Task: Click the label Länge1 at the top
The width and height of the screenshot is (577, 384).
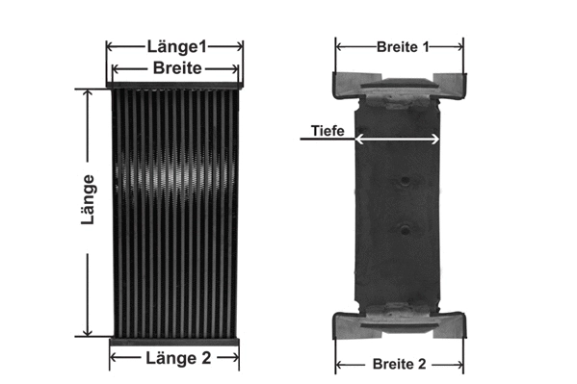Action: pos(175,45)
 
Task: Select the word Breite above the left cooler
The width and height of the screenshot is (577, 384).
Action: pos(176,67)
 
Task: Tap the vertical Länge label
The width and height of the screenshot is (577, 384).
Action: pos(88,200)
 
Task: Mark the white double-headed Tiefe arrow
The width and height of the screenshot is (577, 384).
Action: pos(397,140)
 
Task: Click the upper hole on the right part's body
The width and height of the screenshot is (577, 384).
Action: pos(406,181)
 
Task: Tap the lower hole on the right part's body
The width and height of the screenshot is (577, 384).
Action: pos(406,228)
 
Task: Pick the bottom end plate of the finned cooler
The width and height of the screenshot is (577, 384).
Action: pos(174,341)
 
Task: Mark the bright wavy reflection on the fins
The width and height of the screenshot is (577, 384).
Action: pos(173,178)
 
